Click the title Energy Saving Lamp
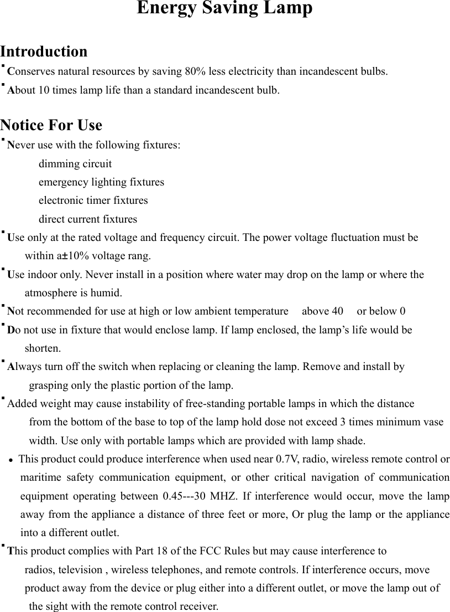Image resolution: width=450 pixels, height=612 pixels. pos(224,9)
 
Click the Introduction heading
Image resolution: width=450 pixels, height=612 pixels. pos(44,52)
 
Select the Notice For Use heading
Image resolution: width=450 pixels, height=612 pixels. pos(51,125)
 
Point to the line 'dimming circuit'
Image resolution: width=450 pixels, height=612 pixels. pos(75,164)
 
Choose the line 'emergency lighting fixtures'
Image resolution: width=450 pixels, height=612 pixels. pos(101,182)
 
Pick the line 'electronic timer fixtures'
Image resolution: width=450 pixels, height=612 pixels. pos(93,200)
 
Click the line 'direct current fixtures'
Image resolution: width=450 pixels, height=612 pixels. pos(87,219)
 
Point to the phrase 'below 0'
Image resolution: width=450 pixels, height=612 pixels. pos(389,311)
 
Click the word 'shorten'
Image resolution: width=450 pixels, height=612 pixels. pos(42,348)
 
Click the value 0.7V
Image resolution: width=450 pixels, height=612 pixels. pos(287,459)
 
